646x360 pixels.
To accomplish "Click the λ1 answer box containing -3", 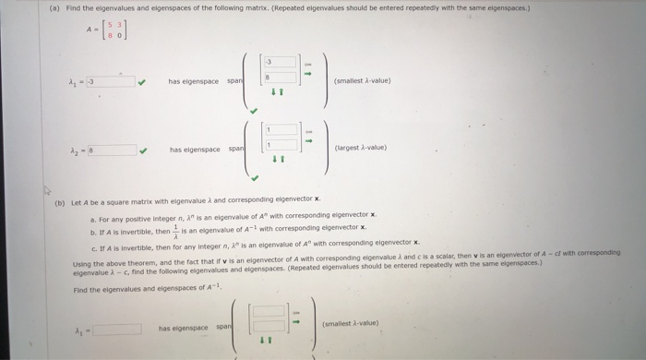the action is point(114,80).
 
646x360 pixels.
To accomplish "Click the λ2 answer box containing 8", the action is point(114,149).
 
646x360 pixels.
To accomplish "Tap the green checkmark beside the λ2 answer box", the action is point(141,149).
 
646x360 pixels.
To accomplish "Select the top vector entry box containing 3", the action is point(281,63).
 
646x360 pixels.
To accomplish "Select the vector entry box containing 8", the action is point(281,79).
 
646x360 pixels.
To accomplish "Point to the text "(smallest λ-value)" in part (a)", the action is point(365,80).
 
